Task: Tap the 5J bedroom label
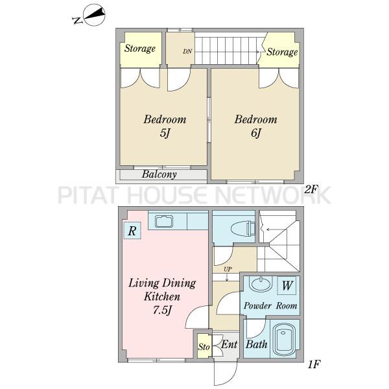[x=165, y=126]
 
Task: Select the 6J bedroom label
[x=256, y=126]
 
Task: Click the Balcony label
[x=159, y=174]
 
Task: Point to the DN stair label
[x=187, y=51]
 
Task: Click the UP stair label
[x=228, y=269]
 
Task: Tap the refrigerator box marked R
[x=132, y=230]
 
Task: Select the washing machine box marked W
[x=287, y=285]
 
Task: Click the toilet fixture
[x=243, y=228]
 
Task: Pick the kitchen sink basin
[x=164, y=221]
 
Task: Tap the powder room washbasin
[x=261, y=284]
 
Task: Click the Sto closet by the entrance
[x=204, y=346]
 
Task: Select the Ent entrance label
[x=230, y=344]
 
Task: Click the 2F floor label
[x=311, y=190]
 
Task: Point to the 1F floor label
[x=314, y=364]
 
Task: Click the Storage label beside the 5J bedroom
[x=140, y=49]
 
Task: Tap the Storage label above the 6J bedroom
[x=282, y=52]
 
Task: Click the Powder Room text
[x=270, y=305]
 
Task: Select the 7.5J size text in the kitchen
[x=162, y=310]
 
